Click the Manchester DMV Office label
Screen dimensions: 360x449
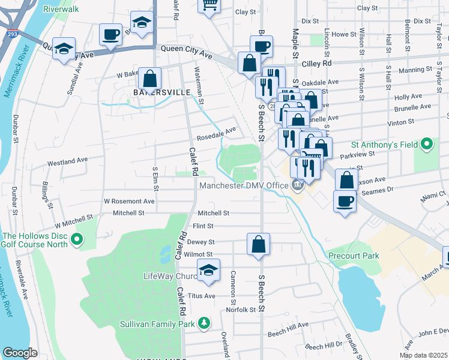pos(244,185)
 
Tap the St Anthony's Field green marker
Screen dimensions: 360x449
pos(427,144)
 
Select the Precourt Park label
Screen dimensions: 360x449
pos(354,256)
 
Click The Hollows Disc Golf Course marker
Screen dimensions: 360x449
pos(76,241)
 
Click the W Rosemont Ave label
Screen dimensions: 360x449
pos(129,202)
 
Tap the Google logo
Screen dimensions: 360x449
pos(20,353)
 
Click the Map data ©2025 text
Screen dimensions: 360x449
pos(424,355)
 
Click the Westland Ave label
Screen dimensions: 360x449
pos(68,162)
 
